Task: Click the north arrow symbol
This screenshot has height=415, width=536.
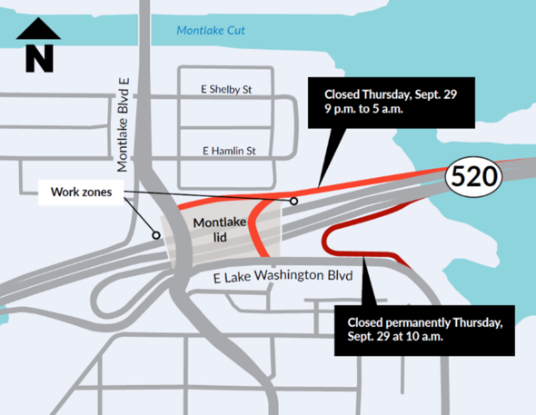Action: tap(38, 46)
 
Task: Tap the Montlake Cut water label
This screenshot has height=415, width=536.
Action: tap(212, 31)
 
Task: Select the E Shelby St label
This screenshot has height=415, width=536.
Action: tap(225, 90)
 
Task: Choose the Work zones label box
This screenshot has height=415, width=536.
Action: tap(80, 192)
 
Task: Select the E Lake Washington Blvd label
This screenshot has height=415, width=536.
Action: tap(268, 276)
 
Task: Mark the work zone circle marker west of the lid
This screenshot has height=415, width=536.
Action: tap(156, 235)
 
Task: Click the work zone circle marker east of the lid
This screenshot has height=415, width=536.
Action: tap(294, 201)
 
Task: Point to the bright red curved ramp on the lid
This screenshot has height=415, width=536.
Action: tap(256, 227)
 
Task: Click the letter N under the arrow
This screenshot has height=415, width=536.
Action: tap(38, 59)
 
